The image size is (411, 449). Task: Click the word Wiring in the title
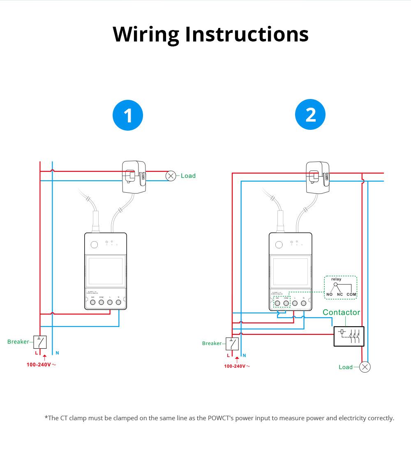click(146, 35)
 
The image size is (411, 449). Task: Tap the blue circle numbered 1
click(128, 115)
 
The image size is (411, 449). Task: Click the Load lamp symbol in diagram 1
click(171, 176)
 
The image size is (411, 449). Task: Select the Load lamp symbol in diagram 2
click(365, 367)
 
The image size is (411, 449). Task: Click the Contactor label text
click(341, 312)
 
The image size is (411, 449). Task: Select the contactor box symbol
click(349, 336)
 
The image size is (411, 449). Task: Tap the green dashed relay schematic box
click(340, 287)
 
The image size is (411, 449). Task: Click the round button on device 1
click(94, 245)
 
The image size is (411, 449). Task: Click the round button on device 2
click(279, 245)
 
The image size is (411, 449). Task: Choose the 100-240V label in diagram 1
click(39, 364)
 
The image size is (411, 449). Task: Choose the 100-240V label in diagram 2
click(235, 366)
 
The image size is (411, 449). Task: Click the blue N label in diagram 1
click(58, 353)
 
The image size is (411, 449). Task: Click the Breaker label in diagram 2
click(212, 343)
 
